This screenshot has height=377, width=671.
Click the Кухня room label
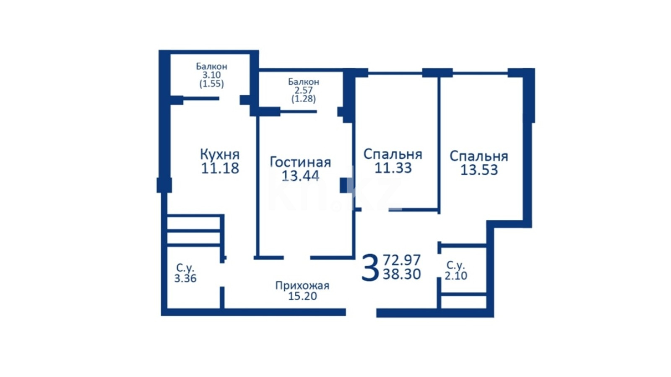220,155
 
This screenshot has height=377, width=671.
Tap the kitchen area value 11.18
220,168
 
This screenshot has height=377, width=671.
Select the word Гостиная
300,162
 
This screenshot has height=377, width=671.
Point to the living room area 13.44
300,176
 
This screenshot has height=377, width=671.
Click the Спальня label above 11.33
393,155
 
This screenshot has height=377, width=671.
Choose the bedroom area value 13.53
479,170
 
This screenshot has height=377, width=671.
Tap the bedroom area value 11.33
393,168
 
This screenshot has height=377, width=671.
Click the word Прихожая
302,286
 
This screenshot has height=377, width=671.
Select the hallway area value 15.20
302,296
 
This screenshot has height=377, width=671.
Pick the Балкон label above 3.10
211,66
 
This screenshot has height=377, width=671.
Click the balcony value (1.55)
211,84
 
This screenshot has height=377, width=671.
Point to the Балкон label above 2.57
304,82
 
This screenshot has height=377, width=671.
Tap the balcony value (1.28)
304,98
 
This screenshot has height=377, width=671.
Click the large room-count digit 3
370,268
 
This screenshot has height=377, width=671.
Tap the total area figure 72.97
402,260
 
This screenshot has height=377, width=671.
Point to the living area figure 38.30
402,274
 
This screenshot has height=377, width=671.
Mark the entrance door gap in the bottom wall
361,312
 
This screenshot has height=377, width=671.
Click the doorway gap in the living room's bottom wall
297,258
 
